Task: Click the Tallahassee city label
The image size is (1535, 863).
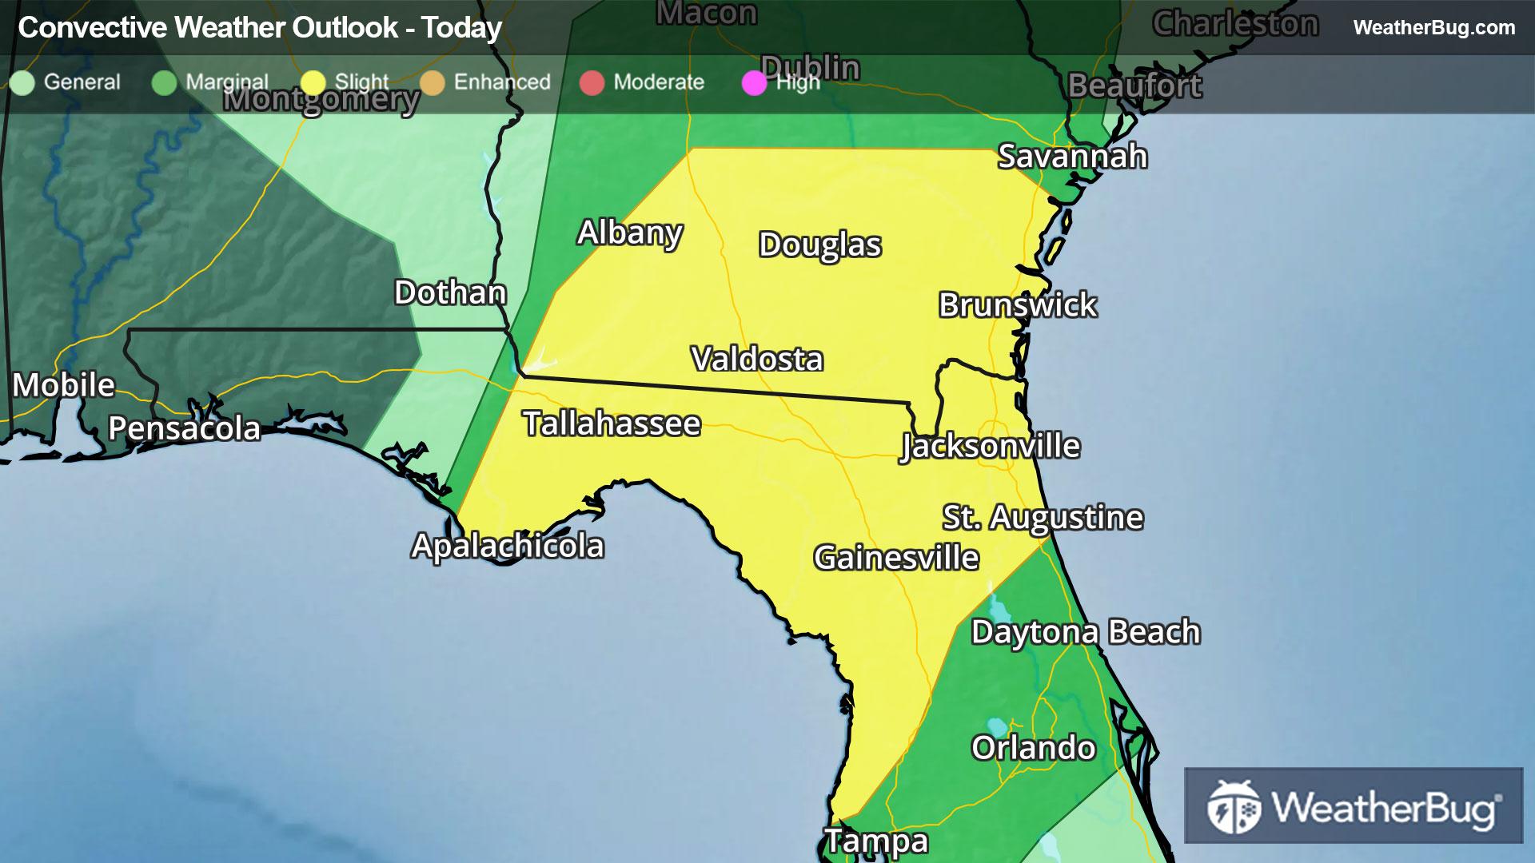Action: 612,424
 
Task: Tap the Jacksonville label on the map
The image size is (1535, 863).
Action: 990,446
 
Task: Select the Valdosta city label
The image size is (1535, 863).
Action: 756,359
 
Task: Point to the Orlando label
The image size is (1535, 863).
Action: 1033,748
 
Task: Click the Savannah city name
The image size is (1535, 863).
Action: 1072,156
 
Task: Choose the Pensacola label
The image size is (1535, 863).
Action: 184,428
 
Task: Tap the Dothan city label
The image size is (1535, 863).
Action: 450,292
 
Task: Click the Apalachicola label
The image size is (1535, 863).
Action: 508,546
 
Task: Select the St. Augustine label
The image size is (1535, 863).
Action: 1043,517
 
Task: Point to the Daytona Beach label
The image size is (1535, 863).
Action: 1085,631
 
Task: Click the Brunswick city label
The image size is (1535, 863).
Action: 1017,304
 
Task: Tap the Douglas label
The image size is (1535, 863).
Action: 819,245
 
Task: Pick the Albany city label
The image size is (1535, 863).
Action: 630,233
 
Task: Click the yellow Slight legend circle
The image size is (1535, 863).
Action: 313,82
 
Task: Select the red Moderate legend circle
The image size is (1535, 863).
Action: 592,82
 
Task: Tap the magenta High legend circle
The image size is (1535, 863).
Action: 754,82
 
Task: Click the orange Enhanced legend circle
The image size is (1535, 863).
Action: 433,82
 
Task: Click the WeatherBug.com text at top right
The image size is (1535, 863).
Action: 1433,27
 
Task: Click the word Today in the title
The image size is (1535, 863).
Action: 461,27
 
